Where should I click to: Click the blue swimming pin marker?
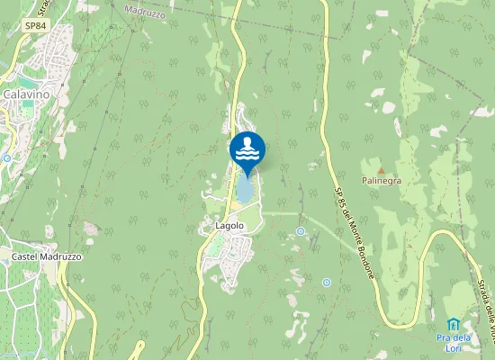tap(247, 149)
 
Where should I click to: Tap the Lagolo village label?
tap(229, 225)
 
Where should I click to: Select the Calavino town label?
tap(24, 94)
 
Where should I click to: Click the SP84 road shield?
tap(35, 26)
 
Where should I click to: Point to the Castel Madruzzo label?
tap(47, 256)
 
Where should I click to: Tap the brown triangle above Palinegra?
tap(381, 169)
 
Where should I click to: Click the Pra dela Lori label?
tap(454, 342)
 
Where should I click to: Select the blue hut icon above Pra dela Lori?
tap(454, 324)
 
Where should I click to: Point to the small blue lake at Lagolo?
tap(244, 190)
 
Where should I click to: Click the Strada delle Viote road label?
tap(484, 310)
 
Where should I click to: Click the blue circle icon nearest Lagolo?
tap(301, 231)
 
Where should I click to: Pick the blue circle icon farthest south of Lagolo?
tap(326, 283)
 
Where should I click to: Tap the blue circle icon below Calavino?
tap(6, 157)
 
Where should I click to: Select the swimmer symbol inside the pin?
tap(247, 142)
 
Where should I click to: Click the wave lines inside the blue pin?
tap(247, 154)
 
